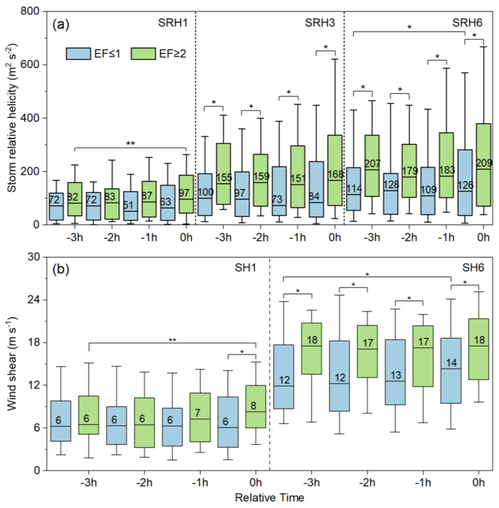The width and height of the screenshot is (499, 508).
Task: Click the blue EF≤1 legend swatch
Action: [x=78, y=54]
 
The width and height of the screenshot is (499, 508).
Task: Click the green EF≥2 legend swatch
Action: [x=143, y=54]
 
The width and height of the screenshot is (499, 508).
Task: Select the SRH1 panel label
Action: [x=173, y=23]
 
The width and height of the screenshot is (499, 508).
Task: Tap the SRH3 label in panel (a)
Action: [x=320, y=23]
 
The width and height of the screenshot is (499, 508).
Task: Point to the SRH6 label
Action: [x=467, y=23]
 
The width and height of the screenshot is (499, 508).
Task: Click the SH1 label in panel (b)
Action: [x=245, y=268]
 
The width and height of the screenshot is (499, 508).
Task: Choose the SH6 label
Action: [x=473, y=268]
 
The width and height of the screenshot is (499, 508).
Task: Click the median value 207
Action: [x=372, y=164]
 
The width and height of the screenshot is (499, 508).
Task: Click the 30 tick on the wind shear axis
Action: [x=34, y=257]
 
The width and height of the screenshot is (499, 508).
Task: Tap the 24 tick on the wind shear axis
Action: [x=34, y=300]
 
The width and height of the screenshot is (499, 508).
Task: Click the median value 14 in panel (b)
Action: [x=451, y=363]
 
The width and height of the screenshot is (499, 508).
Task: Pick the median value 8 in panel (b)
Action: [x=253, y=406]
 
